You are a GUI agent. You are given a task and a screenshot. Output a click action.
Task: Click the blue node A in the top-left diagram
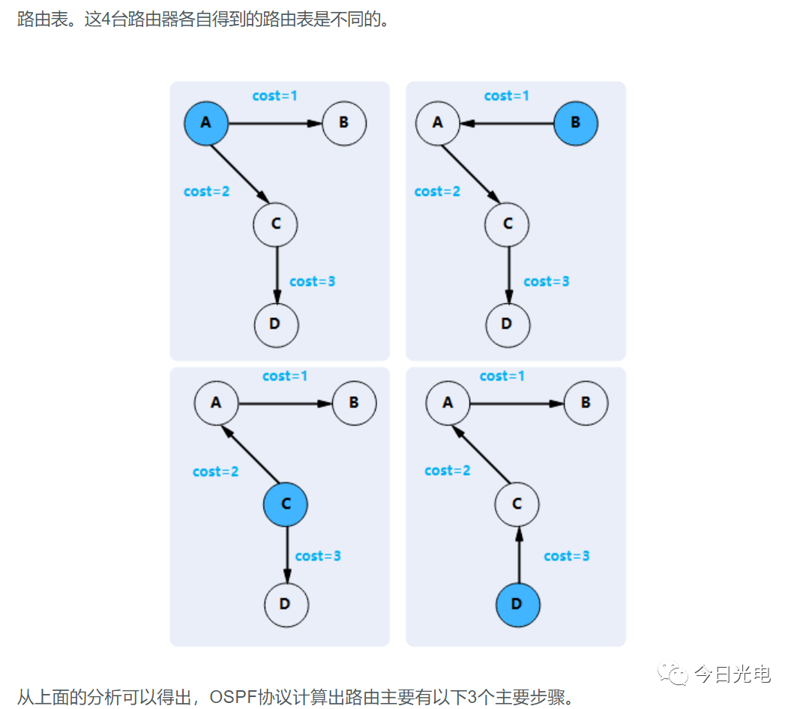(x=206, y=123)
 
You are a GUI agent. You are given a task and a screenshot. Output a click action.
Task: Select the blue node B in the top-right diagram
(x=575, y=123)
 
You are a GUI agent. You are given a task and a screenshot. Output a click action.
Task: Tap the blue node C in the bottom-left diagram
(x=286, y=504)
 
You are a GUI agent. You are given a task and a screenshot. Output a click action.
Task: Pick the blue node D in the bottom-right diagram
(x=517, y=605)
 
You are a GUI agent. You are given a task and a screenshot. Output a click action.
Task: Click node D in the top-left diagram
(x=275, y=324)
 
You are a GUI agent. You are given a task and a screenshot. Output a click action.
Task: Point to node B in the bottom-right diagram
(x=586, y=403)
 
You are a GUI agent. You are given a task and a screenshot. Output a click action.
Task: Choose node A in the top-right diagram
(x=438, y=123)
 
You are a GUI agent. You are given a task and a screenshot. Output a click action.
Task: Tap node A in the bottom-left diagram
(x=216, y=403)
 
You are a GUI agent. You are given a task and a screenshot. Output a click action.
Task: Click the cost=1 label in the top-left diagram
(x=275, y=96)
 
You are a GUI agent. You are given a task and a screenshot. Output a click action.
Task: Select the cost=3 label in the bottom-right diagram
(x=567, y=556)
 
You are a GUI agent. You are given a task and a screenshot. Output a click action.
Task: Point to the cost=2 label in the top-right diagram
(x=437, y=191)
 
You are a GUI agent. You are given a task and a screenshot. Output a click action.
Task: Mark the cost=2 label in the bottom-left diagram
(x=215, y=472)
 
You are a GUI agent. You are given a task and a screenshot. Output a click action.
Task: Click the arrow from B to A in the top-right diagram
(x=507, y=124)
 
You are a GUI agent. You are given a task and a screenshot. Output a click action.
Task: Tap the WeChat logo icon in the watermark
(x=673, y=674)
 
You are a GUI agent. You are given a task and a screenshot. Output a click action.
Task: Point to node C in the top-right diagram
(x=507, y=224)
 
